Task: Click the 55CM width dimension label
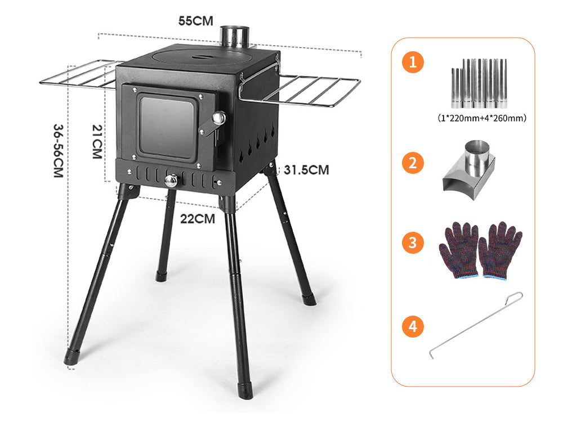(196, 21)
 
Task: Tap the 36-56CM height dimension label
(58, 151)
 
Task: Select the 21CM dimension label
(97, 141)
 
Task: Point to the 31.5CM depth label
(306, 170)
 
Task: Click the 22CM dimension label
(198, 218)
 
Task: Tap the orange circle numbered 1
(413, 62)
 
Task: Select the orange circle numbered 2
(413, 163)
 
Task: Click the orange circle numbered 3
(413, 243)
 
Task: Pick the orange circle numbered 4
(413, 326)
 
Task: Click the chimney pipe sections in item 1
(479, 84)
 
